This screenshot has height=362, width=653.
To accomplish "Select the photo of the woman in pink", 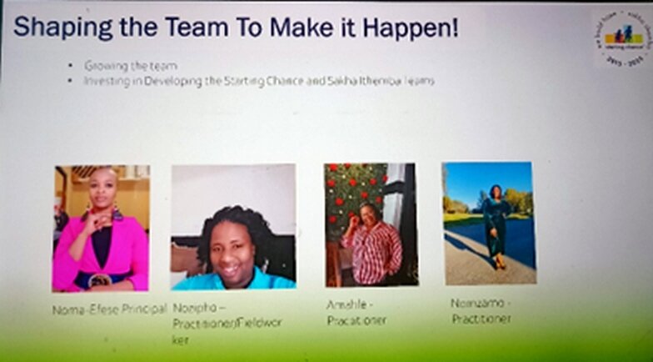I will [x=101, y=228].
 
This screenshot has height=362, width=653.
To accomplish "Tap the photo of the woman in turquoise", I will [x=233, y=227].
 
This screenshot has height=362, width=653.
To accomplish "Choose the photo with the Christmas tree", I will [x=371, y=224].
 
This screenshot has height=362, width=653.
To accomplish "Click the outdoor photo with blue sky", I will [x=488, y=223].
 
